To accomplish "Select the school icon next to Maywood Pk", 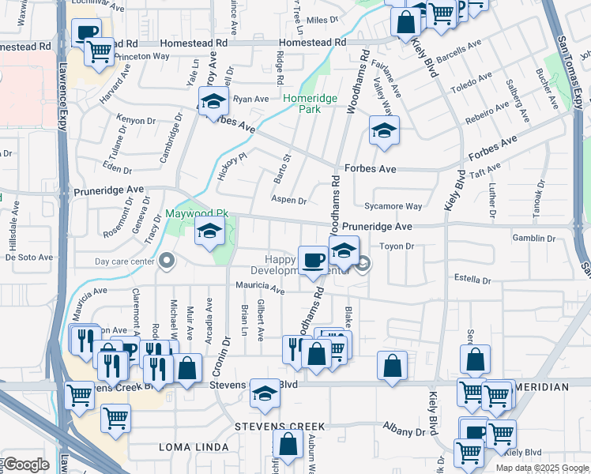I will click(x=209, y=231).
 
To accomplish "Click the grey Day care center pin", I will click(x=167, y=260).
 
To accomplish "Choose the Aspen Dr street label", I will click(x=288, y=200).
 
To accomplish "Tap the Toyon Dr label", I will click(x=397, y=246).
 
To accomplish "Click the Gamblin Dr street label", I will click(x=533, y=238).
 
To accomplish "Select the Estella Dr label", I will click(x=472, y=279).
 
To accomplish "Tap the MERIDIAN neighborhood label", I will click(x=540, y=387).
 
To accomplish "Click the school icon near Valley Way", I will click(x=384, y=130).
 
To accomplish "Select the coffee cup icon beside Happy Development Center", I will click(x=313, y=260).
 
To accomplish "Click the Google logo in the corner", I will click(x=25, y=465).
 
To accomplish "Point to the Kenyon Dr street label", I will click(x=136, y=120).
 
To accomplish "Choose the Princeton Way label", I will click(x=143, y=56).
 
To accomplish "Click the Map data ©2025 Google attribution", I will click(x=542, y=468).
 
